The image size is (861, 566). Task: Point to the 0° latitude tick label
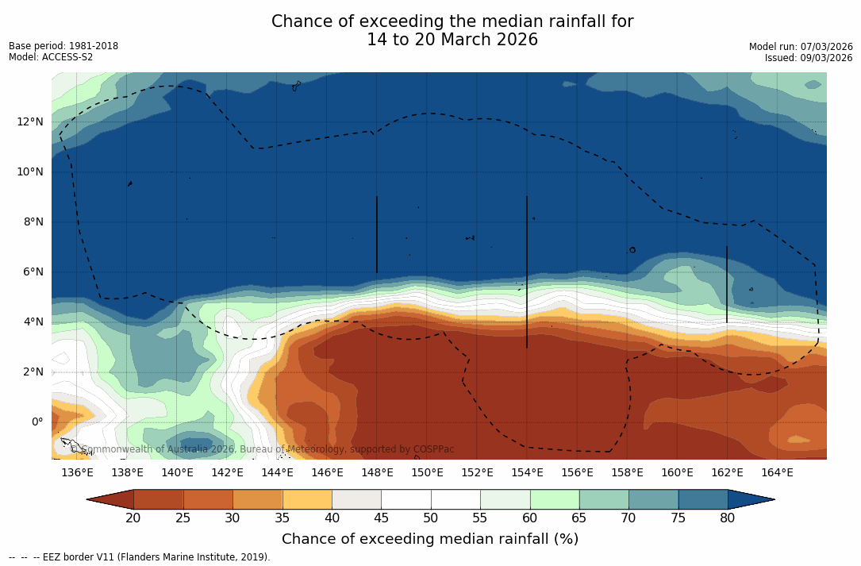point(36,422)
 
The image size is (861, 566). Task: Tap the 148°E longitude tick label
point(377,473)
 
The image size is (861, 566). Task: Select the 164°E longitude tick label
point(777,473)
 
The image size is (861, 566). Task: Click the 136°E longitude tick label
point(77,473)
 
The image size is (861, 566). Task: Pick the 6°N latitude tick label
point(32,272)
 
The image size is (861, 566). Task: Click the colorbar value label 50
point(430,518)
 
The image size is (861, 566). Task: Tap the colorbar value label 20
point(133,518)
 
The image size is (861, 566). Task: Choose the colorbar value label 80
point(727,518)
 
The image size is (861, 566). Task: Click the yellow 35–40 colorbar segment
point(307,499)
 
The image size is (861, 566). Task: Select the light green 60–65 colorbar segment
point(554,499)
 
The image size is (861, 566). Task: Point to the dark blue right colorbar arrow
point(750,499)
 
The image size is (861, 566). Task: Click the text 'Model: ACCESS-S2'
point(51,57)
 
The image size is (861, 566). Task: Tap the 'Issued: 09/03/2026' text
point(808,58)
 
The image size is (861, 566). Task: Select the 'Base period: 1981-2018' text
point(63,46)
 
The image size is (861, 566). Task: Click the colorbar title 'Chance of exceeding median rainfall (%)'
point(430,539)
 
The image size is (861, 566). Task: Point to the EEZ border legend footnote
point(140,557)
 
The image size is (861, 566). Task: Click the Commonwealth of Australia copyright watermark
point(262,449)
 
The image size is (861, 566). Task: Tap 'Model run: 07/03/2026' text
point(800,47)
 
